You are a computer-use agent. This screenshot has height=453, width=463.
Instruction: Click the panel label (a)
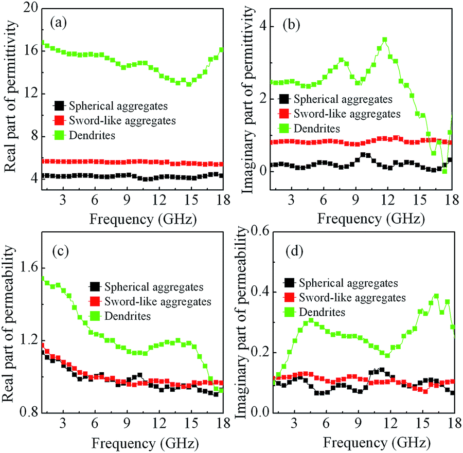60,23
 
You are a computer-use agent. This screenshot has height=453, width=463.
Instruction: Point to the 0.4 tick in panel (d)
256,292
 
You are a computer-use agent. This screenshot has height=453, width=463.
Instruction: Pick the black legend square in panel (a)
60,105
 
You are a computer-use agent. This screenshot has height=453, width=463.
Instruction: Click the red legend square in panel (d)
290,297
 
